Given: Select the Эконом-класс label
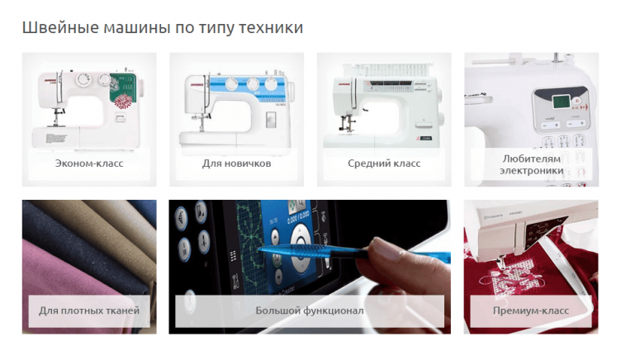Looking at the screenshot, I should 89,163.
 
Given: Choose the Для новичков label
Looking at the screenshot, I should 236,163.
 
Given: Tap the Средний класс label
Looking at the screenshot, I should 384,163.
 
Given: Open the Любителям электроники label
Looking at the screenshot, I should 531,163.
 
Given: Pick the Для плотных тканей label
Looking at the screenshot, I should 89,311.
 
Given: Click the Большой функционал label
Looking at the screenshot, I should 310,311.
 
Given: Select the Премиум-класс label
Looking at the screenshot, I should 531,311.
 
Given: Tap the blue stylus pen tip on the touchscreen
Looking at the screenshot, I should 265,248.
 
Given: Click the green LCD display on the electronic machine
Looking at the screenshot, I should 562,102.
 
